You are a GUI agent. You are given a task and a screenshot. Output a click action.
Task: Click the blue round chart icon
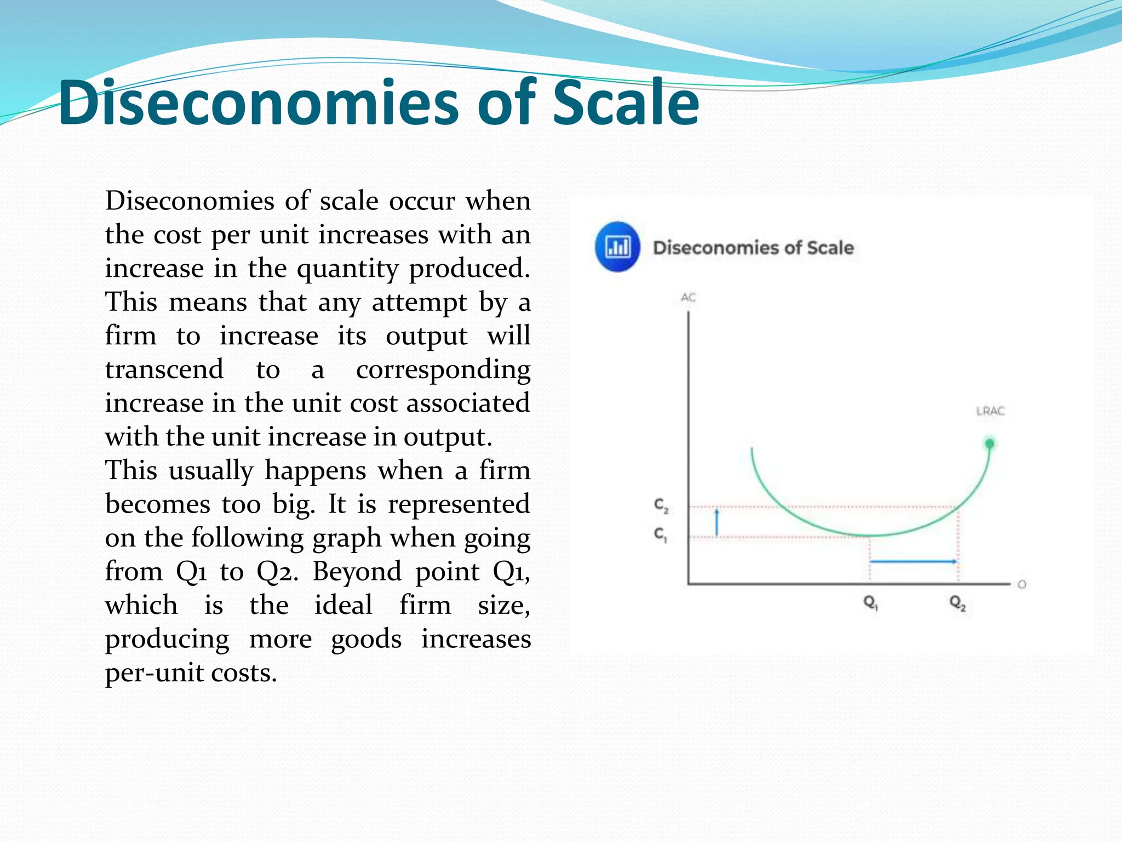(617, 247)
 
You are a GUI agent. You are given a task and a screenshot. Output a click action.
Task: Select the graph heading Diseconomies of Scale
(753, 248)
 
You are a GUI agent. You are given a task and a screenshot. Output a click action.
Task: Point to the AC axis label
(688, 298)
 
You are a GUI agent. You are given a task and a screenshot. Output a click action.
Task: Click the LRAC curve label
(990, 411)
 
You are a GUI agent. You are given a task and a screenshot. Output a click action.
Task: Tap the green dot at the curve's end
(989, 443)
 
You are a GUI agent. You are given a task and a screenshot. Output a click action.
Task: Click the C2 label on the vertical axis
(661, 505)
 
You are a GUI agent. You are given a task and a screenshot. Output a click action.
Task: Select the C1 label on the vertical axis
(661, 534)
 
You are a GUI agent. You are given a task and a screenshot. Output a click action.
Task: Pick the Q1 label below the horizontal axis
(871, 603)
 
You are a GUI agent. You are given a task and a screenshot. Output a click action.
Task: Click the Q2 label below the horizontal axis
(958, 603)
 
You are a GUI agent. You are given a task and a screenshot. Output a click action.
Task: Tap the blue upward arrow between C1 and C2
(717, 522)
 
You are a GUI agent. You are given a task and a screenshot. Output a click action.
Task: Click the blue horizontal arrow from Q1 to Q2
(913, 561)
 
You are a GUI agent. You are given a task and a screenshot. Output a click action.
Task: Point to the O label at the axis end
(1021, 584)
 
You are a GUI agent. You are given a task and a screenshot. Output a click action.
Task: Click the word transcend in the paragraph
(164, 369)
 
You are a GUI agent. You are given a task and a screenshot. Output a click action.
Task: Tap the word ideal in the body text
(344, 605)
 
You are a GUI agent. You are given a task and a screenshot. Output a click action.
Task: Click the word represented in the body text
(459, 504)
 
